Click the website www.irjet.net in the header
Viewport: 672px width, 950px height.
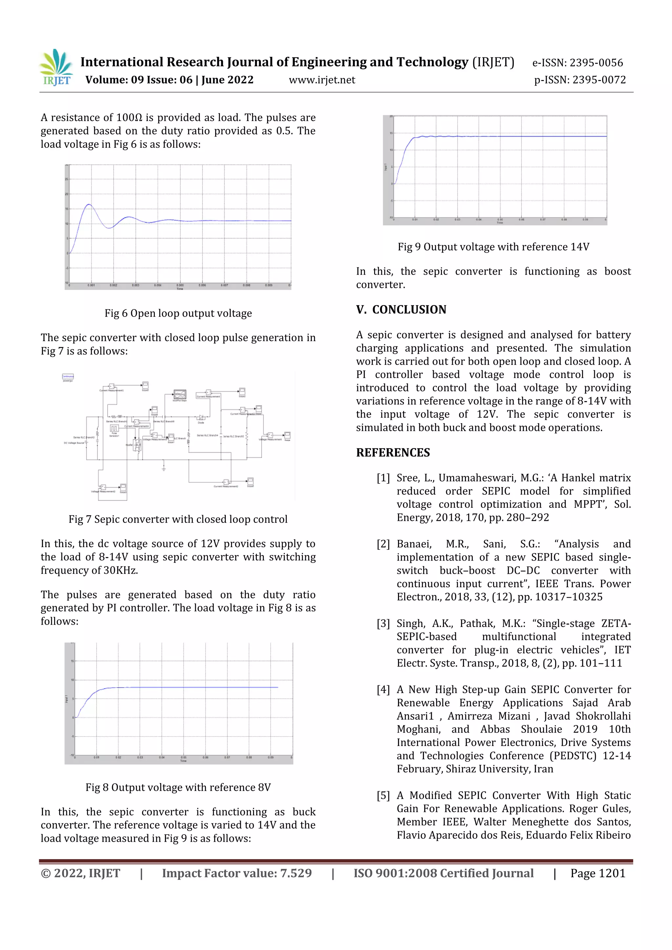[322, 80]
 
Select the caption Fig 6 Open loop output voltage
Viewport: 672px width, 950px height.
[178, 313]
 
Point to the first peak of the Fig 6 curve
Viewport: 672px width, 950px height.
[89, 204]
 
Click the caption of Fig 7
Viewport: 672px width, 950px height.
[178, 519]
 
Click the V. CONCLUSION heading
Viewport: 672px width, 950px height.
[401, 309]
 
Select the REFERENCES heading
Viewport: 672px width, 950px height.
[393, 453]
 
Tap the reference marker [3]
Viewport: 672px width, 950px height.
[383, 624]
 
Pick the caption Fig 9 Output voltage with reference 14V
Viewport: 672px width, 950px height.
[493, 247]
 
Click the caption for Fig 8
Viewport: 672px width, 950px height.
[178, 787]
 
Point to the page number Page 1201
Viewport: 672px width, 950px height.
[598, 874]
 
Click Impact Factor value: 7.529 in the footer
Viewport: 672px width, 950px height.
[237, 874]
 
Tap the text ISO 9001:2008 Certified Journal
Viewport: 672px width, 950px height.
[443, 874]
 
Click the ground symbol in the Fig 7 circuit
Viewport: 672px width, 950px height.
[164, 469]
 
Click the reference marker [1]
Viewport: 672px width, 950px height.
[383, 478]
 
